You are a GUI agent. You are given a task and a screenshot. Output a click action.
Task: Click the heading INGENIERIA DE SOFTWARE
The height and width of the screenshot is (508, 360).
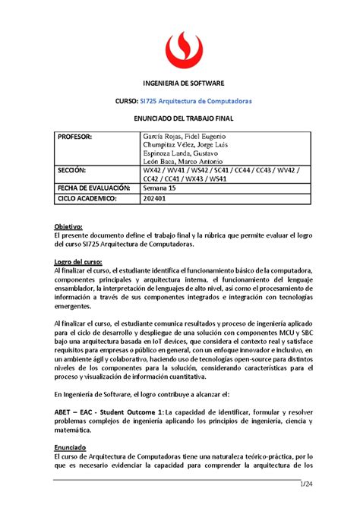coord(180,82)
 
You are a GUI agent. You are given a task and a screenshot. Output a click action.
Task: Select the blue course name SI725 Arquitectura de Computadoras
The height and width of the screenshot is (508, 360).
coord(199,102)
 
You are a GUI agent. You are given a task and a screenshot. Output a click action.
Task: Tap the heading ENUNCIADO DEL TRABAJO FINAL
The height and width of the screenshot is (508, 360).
coord(180,121)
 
